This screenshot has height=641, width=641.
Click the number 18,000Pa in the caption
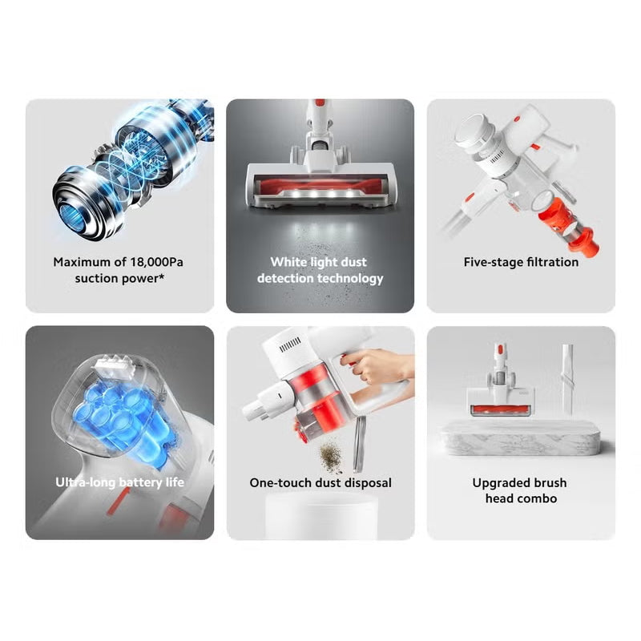[156, 262]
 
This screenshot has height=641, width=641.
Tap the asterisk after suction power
[162, 276]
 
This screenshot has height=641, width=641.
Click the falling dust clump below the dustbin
[331, 455]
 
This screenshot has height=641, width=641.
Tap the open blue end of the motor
[71, 216]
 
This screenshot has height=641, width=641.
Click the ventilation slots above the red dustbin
[290, 345]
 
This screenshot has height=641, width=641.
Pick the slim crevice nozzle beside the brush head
[566, 376]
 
